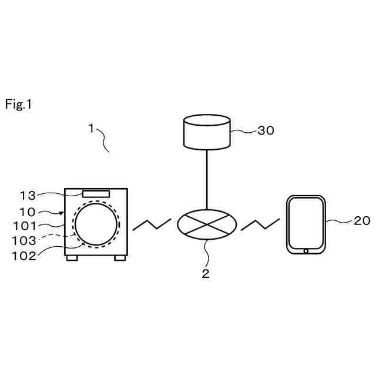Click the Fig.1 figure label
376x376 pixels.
(x=19, y=105)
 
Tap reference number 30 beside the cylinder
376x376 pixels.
(x=266, y=131)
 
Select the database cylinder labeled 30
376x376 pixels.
(x=206, y=132)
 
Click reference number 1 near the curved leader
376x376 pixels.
(x=91, y=128)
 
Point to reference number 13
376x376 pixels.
(x=28, y=196)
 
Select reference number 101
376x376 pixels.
(x=25, y=226)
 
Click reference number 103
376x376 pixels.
(x=25, y=240)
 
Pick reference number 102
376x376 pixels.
(x=25, y=255)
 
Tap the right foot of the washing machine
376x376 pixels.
(x=119, y=257)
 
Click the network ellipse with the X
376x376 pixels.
(x=207, y=225)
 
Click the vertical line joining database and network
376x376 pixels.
(x=206, y=179)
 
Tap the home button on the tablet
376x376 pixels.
(x=306, y=251)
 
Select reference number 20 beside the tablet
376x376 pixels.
(x=362, y=221)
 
